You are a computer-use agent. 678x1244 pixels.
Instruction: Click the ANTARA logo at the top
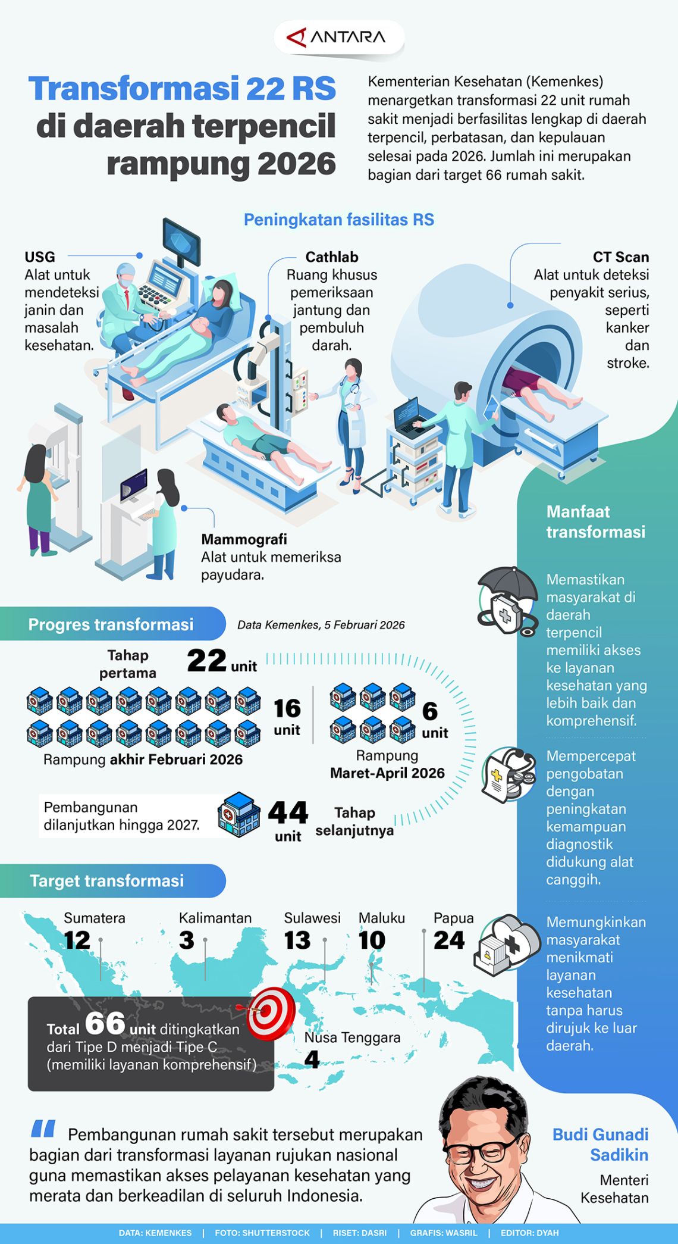click(x=337, y=37)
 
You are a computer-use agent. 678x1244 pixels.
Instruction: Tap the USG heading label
click(x=40, y=257)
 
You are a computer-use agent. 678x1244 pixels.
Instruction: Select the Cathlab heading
click(x=331, y=257)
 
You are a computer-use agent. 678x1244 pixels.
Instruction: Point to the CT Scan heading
click(x=620, y=257)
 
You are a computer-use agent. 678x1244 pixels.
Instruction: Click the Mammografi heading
click(x=244, y=539)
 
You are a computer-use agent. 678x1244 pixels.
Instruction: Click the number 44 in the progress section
click(x=288, y=812)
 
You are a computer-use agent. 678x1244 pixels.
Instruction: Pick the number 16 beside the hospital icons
click(x=287, y=708)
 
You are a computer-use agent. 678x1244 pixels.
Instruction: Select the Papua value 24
click(x=449, y=940)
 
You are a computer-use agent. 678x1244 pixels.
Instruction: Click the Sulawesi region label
click(x=312, y=918)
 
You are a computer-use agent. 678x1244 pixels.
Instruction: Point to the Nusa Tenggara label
click(x=352, y=1037)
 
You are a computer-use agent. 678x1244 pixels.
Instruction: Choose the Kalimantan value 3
click(x=187, y=940)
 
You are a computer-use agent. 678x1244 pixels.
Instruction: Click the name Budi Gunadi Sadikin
click(x=601, y=1144)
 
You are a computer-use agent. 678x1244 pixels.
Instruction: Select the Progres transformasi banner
click(x=111, y=624)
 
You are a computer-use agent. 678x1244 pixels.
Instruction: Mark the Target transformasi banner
click(x=107, y=881)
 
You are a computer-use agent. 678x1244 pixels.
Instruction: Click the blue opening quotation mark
click(x=43, y=1129)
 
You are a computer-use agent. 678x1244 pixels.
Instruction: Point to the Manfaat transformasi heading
click(x=595, y=521)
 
